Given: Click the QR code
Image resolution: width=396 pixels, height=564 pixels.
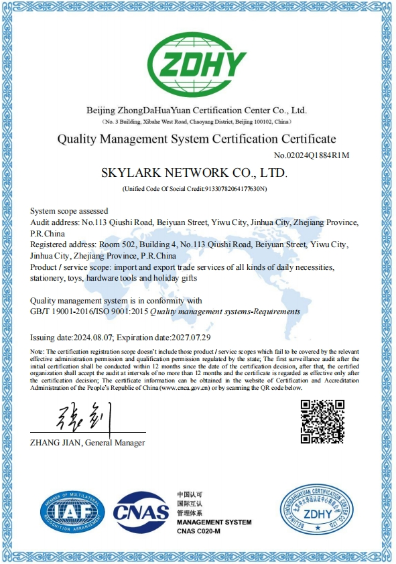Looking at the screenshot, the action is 322,421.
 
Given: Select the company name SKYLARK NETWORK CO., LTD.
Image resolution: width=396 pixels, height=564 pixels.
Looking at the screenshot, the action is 194,173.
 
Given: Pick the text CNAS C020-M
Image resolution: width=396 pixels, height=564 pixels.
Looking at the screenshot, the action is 200,531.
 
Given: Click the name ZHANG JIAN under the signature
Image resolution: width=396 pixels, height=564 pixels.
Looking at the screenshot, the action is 56,443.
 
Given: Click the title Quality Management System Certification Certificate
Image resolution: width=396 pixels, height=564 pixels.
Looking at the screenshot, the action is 196,139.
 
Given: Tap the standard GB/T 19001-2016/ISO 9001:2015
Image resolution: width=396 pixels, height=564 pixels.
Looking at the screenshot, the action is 90,311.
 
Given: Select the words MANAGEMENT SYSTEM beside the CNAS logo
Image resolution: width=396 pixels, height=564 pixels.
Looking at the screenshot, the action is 214,522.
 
